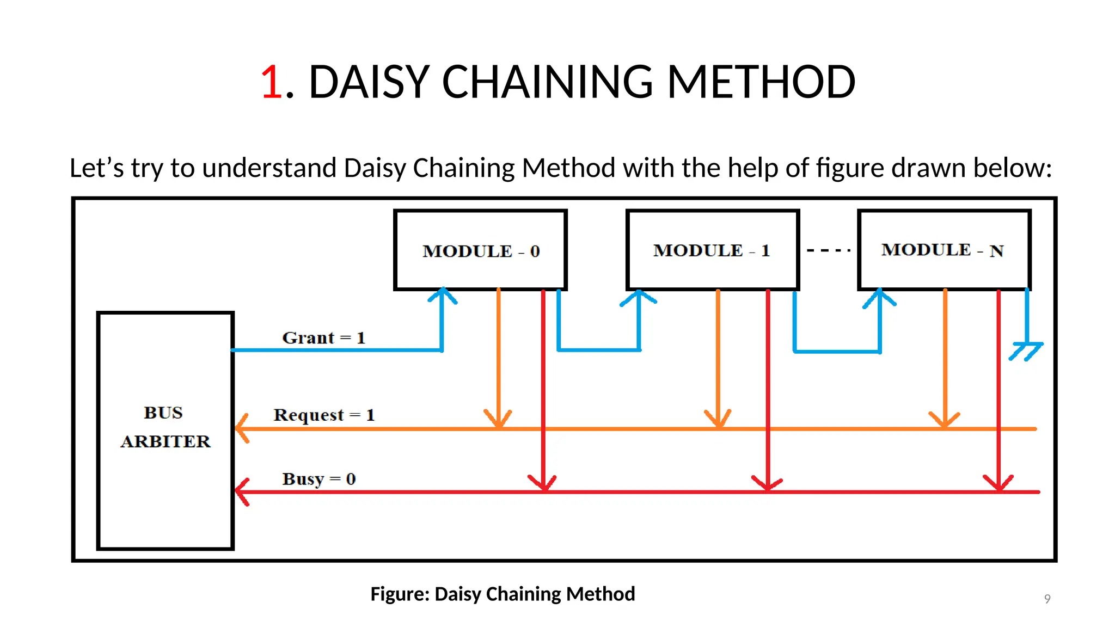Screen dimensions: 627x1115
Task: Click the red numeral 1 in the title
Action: [272, 82]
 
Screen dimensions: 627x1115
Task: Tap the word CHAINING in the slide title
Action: [547, 82]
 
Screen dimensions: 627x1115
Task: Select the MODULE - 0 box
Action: [480, 250]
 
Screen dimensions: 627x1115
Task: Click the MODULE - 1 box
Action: [712, 250]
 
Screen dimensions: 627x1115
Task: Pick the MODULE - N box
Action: [944, 250]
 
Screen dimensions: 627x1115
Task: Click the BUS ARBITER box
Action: [166, 430]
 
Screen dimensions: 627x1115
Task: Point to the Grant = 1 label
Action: [323, 338]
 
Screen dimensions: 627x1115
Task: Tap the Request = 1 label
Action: [324, 415]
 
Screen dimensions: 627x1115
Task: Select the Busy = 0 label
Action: [318, 479]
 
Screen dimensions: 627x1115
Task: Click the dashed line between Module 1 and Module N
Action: [828, 250]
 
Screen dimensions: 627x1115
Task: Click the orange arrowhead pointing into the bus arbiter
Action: [242, 429]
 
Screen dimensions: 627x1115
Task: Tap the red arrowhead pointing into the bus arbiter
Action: [242, 491]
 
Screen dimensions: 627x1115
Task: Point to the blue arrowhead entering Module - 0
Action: [443, 296]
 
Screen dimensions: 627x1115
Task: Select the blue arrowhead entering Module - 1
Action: [639, 297]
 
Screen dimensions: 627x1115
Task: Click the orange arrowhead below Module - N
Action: [945, 420]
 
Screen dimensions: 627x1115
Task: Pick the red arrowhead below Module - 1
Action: [767, 483]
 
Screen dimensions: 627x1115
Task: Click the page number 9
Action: [1047, 599]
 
